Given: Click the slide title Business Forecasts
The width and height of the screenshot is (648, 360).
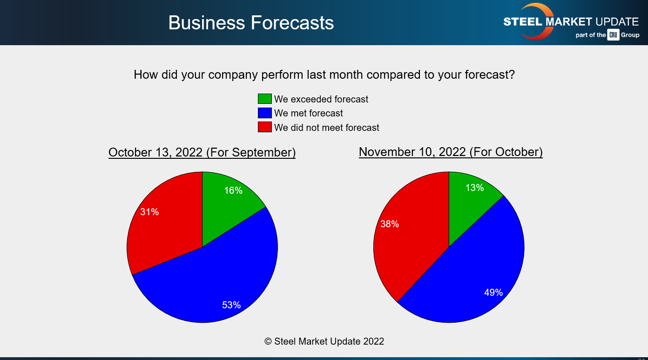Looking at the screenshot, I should (x=251, y=23).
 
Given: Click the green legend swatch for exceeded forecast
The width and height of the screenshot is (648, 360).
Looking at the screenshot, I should (x=264, y=99).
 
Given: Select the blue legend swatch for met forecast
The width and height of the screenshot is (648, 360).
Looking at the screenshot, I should (x=264, y=113).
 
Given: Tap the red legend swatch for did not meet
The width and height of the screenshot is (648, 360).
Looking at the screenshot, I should (x=264, y=127).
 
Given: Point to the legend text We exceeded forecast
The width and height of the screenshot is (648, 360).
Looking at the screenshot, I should (x=321, y=99).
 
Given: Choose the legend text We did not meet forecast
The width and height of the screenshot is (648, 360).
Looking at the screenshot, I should (x=326, y=128).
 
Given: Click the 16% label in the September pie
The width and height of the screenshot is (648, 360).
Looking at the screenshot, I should (x=233, y=190).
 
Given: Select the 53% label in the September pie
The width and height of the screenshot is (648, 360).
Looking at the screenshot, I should (x=231, y=305).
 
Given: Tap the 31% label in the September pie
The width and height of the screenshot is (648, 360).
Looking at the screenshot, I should (x=149, y=212).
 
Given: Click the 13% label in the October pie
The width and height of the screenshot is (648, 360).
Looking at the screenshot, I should (x=474, y=188).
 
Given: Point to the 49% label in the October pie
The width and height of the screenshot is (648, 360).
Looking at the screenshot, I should (x=493, y=292).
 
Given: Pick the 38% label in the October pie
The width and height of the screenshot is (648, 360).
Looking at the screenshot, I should (x=389, y=224).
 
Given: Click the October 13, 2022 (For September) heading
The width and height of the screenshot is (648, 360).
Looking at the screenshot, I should (x=202, y=152).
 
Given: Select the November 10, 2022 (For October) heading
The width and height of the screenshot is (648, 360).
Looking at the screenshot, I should (x=451, y=152).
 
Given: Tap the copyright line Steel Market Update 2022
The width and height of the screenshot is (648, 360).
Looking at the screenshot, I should (x=324, y=341).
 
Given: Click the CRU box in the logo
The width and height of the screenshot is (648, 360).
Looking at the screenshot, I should (x=613, y=35).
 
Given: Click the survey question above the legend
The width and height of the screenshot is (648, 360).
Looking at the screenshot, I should (x=324, y=75).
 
